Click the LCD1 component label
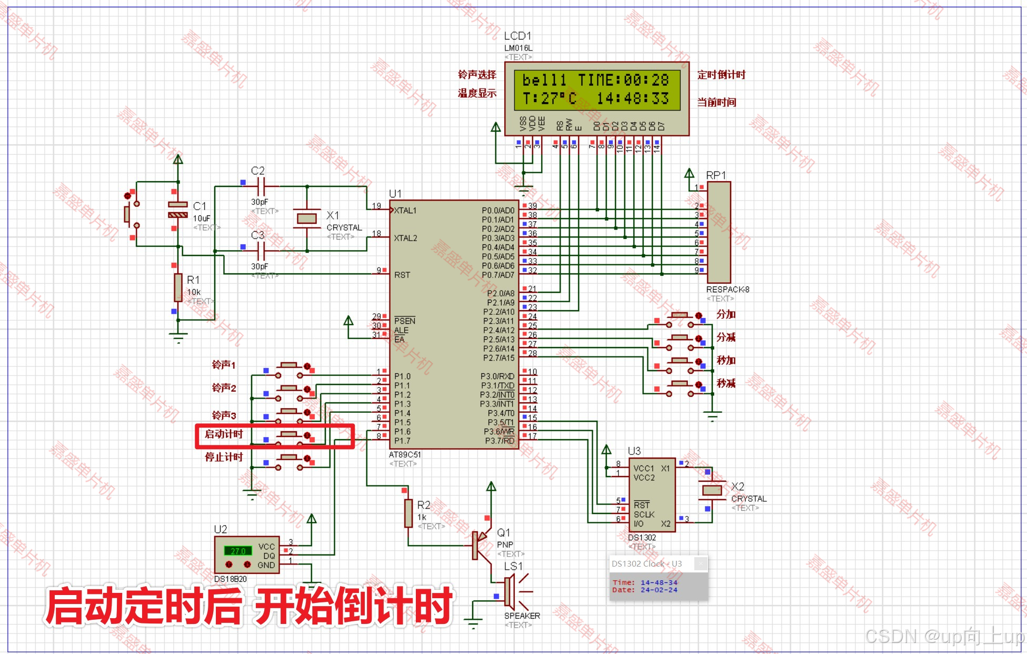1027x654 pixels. coord(517,36)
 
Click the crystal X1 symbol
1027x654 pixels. coord(307,217)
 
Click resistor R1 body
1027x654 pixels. coord(178,288)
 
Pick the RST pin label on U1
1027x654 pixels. coord(402,275)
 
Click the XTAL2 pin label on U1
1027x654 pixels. coord(405,238)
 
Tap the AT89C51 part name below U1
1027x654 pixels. coord(404,454)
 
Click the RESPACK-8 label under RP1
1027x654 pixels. coord(727,289)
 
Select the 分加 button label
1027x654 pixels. coord(726,314)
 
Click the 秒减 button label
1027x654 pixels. coord(726,383)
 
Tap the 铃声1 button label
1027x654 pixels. coord(224,365)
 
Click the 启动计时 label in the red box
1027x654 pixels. coord(224,434)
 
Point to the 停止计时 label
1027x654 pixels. coord(224,457)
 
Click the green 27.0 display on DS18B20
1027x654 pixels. coord(238,551)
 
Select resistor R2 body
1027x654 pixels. coord(408,513)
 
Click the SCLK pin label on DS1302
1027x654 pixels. coord(644,514)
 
